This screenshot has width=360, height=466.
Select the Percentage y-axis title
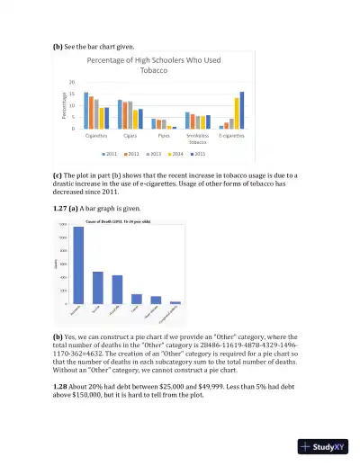pyautogui.click(x=64, y=106)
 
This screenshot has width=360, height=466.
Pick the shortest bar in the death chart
pyautogui.click(x=175, y=302)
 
